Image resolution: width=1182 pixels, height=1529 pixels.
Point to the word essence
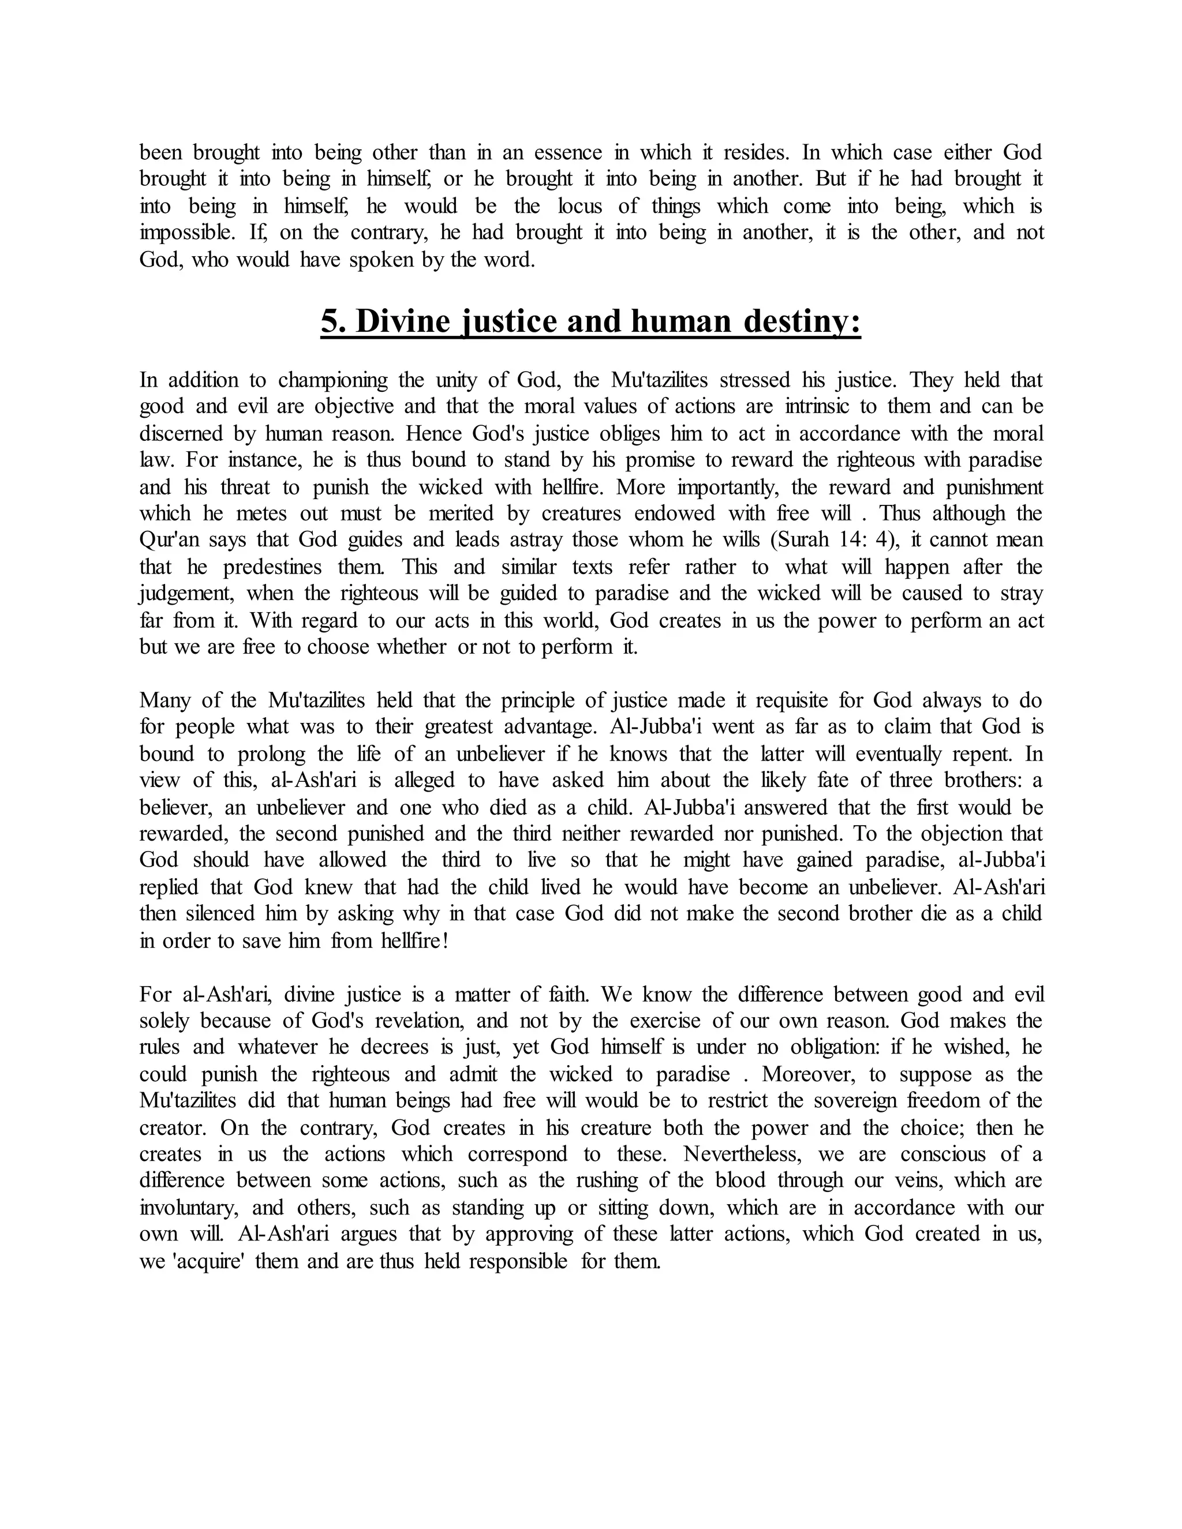tap(568, 153)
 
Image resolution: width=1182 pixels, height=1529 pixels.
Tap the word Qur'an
tap(168, 540)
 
